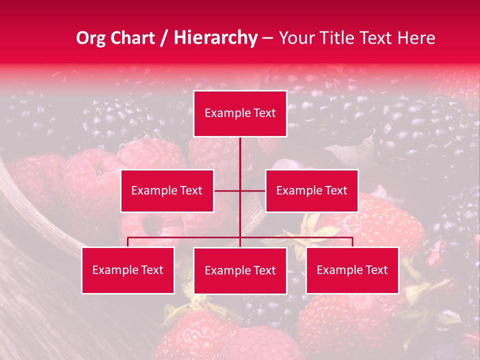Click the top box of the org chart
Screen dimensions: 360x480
tap(240, 113)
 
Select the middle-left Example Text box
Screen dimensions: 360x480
tap(167, 190)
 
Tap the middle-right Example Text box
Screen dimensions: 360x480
tap(311, 190)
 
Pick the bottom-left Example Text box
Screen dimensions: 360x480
tap(128, 270)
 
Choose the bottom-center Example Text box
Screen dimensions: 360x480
tap(240, 270)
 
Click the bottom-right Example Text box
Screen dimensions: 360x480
tap(352, 270)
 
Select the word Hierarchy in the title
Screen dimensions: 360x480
tap(215, 38)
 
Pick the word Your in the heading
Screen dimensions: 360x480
tap(295, 38)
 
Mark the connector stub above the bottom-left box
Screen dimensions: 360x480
tap(128, 242)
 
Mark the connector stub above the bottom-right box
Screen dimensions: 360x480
tap(352, 242)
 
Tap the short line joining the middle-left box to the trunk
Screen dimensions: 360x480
tap(226, 190)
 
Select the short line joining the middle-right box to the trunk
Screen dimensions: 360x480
tap(253, 190)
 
